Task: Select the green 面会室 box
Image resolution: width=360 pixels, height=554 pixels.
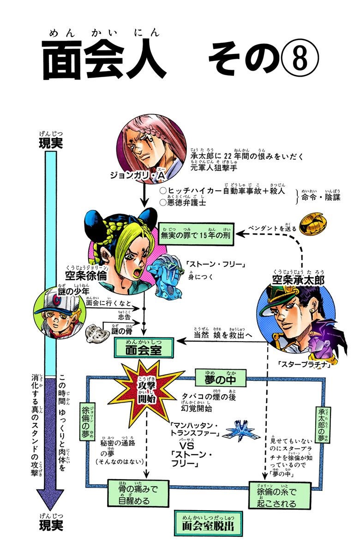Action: [144, 349]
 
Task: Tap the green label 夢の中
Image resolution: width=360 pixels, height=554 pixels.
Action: [220, 378]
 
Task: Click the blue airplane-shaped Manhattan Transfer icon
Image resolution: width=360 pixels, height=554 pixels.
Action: [240, 432]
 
